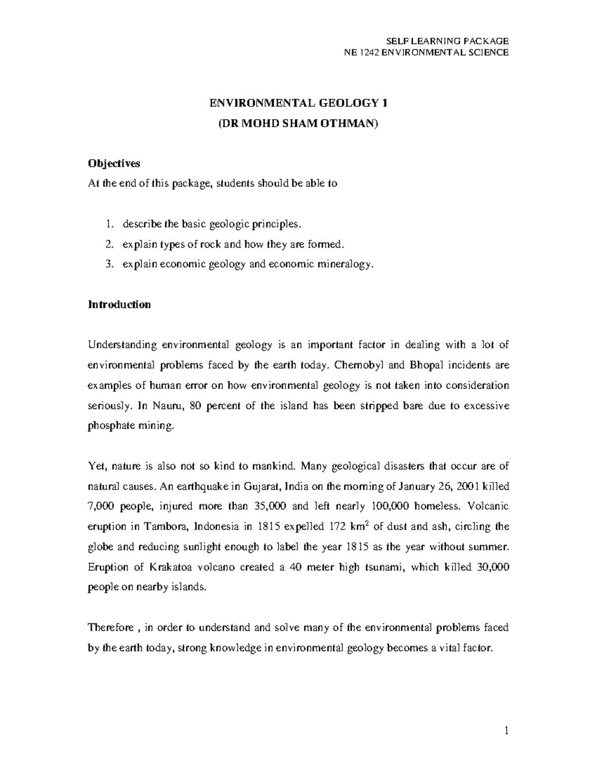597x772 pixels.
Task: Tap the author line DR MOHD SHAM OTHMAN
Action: [x=298, y=123]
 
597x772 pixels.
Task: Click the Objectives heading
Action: [x=114, y=163]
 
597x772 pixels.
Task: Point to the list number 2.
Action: [x=109, y=244]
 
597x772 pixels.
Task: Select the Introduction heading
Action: [x=119, y=305]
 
